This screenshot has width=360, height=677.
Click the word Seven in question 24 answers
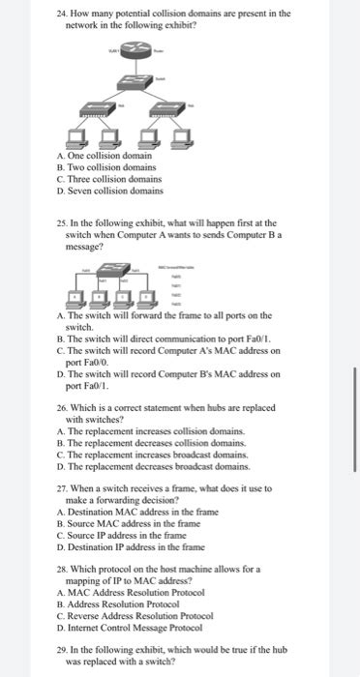(x=80, y=191)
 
